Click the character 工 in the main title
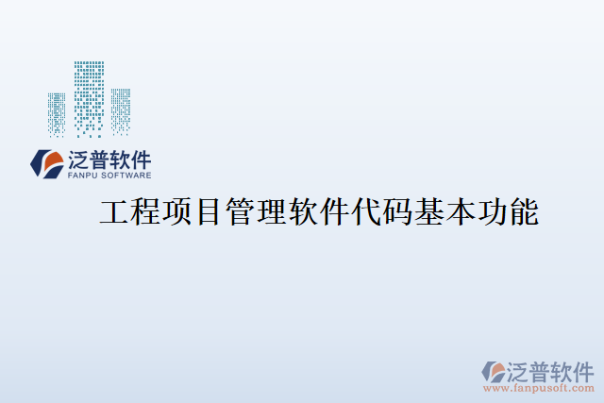click(114, 212)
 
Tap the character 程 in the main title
click(145, 212)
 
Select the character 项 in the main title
click(176, 212)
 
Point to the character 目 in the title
click(208, 212)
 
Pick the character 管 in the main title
click(240, 212)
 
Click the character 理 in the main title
click(272, 212)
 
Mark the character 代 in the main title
click(365, 212)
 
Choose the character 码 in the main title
click(396, 212)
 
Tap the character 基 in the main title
click(428, 212)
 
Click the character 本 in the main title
click(460, 212)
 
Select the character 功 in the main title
click(492, 212)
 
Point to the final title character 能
click(523, 212)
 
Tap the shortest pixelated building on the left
click(58, 114)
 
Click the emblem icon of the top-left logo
click(46, 163)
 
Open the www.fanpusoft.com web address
click(539, 387)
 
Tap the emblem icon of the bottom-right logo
click(494, 370)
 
